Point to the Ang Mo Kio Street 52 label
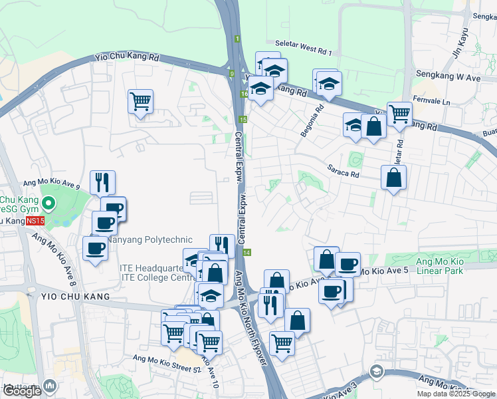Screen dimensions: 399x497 (x=157, y=360)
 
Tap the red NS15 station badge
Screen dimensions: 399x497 (x=39, y=220)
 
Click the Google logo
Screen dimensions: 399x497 (x=22, y=391)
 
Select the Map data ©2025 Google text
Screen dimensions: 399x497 (x=456, y=394)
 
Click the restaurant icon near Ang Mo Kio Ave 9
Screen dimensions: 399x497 (x=102, y=182)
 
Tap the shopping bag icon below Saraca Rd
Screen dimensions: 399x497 (x=394, y=178)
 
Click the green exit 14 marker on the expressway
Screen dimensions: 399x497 (x=247, y=253)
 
